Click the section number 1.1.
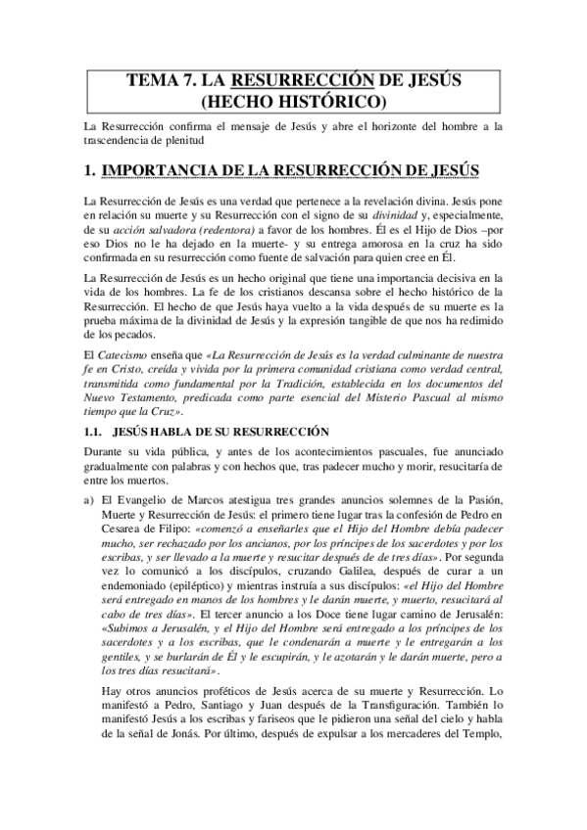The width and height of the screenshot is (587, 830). [x=94, y=431]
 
